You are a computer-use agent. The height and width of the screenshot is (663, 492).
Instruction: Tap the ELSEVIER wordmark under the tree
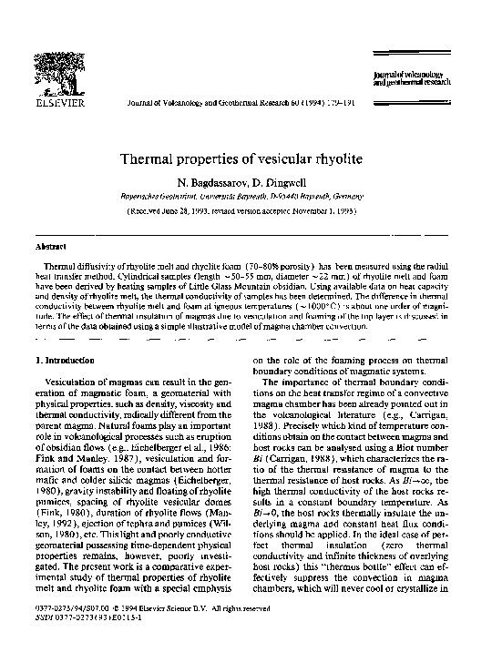point(59,104)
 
